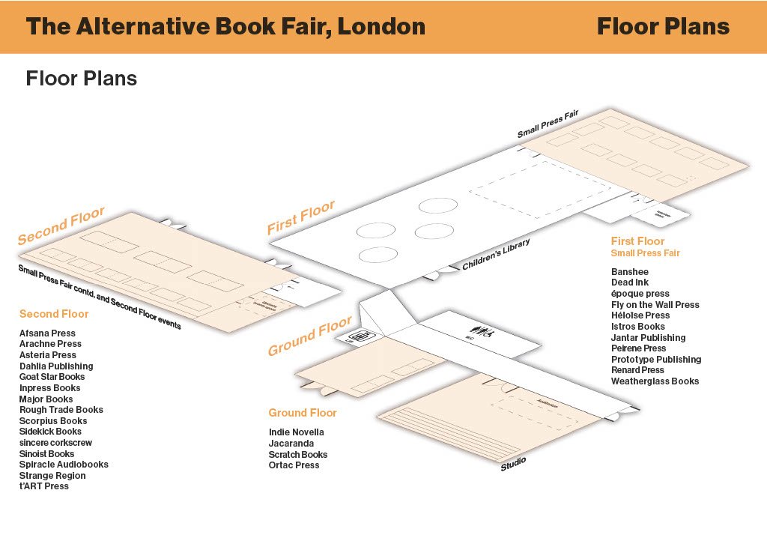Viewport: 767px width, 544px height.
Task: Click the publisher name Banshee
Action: tap(629, 272)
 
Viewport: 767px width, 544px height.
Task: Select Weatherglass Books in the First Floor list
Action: tap(655, 381)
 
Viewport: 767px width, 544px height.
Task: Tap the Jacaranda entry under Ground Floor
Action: tap(291, 444)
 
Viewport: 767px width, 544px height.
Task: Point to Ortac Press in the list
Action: tap(294, 465)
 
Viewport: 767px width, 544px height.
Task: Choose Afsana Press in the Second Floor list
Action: tap(47, 333)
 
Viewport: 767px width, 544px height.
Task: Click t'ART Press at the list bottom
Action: tap(43, 486)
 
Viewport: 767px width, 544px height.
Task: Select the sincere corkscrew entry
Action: tap(55, 443)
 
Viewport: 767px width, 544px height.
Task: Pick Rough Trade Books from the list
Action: tap(61, 410)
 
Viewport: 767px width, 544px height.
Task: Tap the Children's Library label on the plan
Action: tap(496, 254)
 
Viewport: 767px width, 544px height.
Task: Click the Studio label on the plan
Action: tap(513, 464)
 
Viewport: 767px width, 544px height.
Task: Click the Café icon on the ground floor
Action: tap(362, 337)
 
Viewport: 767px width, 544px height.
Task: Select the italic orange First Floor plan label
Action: tap(301, 217)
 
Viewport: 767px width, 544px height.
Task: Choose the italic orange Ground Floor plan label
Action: tap(309, 336)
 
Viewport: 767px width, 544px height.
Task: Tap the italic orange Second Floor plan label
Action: tap(61, 226)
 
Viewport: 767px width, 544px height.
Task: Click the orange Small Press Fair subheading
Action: tap(645, 253)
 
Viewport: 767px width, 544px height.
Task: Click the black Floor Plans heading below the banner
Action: tap(81, 79)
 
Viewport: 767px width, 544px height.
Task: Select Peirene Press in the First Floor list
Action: tap(638, 348)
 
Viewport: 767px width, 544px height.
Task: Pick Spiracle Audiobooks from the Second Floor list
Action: tap(64, 465)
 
